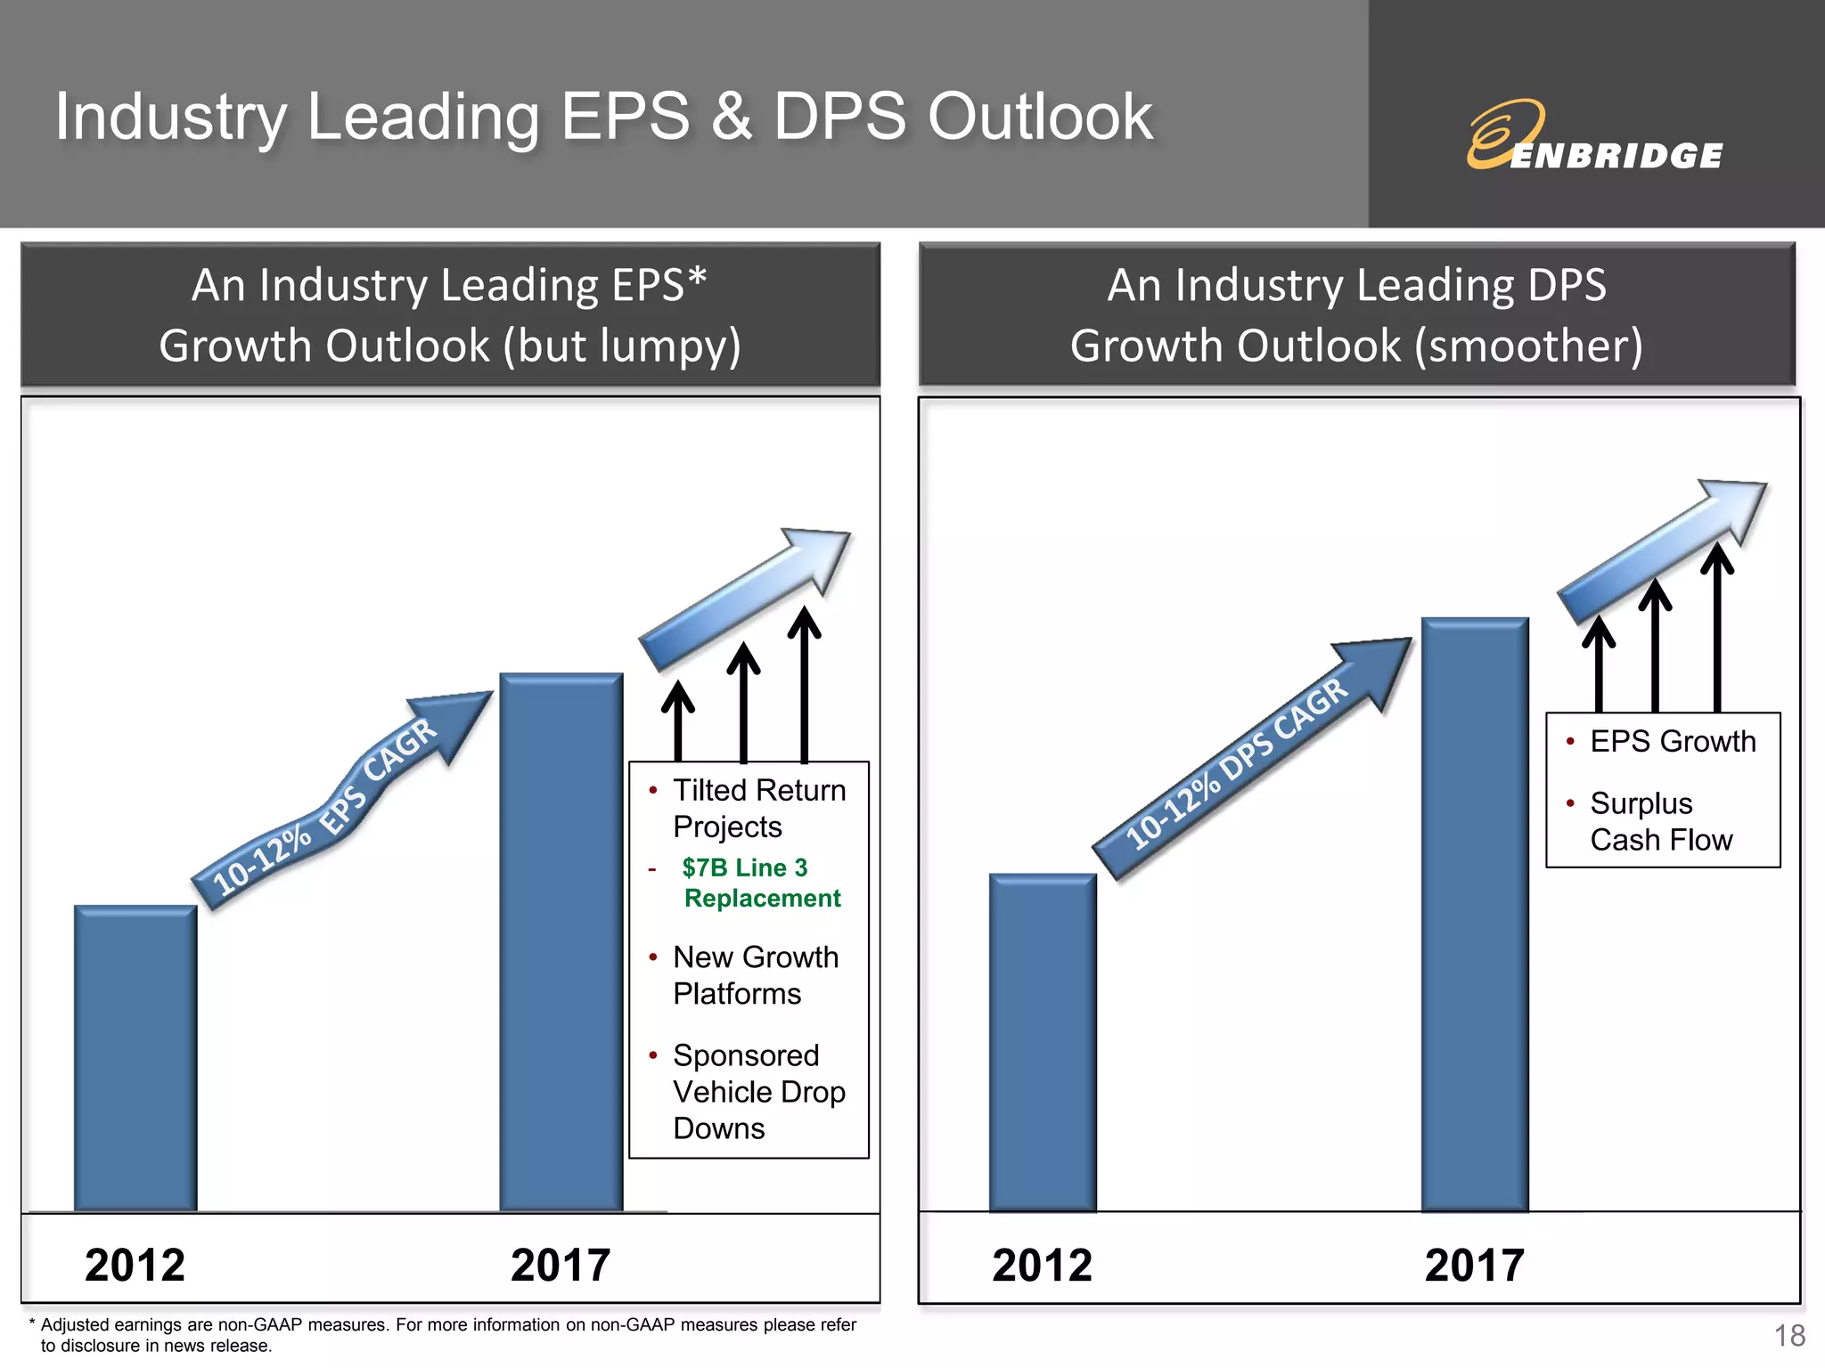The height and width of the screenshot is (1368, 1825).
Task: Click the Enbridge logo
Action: (x=1594, y=136)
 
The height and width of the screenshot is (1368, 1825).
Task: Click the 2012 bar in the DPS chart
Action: (x=1042, y=1042)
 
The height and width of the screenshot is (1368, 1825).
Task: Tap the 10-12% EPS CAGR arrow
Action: (x=339, y=802)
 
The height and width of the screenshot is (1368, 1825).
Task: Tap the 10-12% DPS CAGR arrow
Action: (x=1248, y=757)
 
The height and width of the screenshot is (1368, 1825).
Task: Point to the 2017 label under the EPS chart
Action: (x=561, y=1265)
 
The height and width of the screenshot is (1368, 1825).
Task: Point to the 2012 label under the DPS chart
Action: (x=1042, y=1265)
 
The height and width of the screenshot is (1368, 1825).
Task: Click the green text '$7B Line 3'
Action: (x=745, y=867)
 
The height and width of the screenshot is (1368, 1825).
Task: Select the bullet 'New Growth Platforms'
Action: (x=756, y=975)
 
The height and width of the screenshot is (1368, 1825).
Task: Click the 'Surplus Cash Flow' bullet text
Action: (x=1661, y=821)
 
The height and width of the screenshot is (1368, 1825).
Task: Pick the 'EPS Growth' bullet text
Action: (x=1673, y=741)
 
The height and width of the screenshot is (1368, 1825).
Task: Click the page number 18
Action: (x=1789, y=1336)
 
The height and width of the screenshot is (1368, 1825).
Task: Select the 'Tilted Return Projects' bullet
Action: (x=758, y=808)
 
